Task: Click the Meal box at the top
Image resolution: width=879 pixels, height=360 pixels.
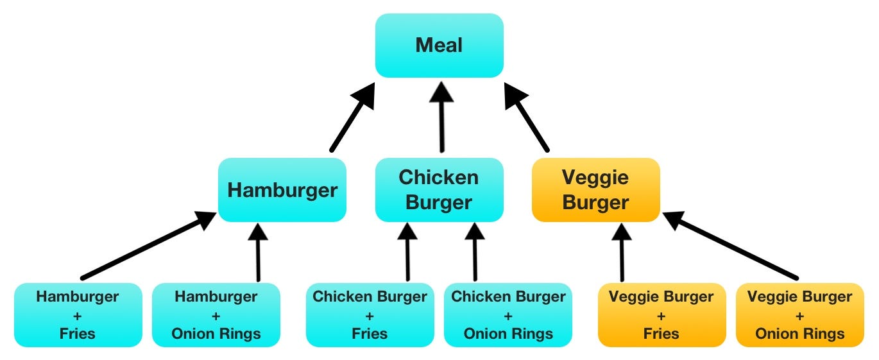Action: coord(439,46)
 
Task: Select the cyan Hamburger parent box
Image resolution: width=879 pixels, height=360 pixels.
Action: coord(282,190)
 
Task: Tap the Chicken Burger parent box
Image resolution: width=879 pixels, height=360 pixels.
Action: coord(439,190)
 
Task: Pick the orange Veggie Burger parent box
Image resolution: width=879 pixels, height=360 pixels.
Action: coord(595,190)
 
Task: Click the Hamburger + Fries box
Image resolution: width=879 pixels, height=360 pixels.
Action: coord(78,315)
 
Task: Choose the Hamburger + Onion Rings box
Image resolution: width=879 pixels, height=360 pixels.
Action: coord(216,315)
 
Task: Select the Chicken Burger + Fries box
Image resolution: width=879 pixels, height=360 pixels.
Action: coord(370,315)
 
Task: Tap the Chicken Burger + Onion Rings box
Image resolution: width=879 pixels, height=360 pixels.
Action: coord(508,315)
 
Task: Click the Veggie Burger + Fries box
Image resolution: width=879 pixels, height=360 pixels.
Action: coord(661,315)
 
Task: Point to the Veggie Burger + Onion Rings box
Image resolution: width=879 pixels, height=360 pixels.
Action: coord(800,315)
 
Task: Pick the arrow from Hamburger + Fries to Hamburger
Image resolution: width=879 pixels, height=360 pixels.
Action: coord(148,247)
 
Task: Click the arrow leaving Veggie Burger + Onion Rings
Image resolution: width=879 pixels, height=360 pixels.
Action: coord(731,247)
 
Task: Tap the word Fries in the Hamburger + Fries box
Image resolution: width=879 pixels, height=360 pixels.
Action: coord(77,334)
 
